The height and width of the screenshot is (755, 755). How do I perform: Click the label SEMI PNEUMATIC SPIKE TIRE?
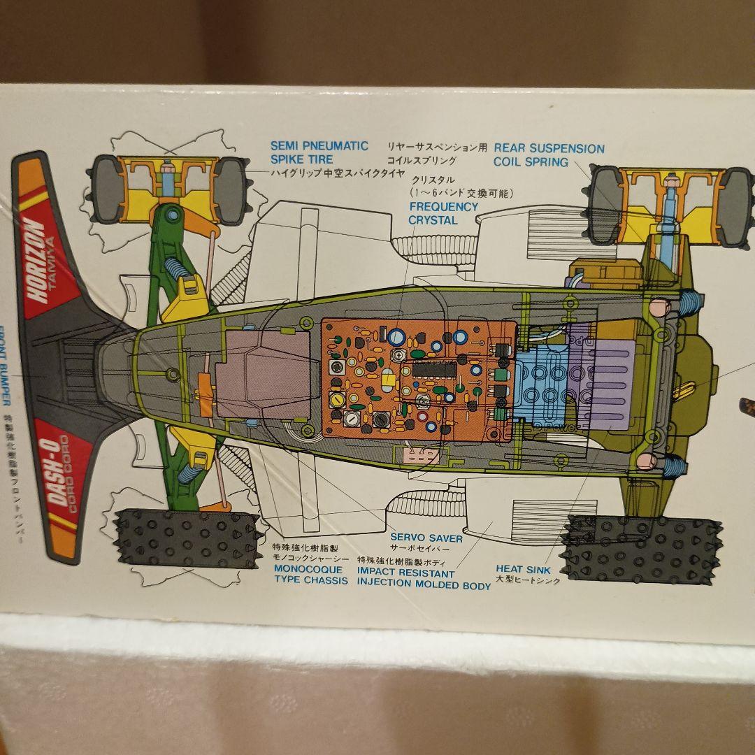tap(319, 152)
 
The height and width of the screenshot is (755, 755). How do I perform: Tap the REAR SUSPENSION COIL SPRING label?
tap(549, 155)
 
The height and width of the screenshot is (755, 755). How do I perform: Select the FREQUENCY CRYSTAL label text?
tap(443, 213)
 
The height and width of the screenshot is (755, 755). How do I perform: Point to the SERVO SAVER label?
tap(426, 538)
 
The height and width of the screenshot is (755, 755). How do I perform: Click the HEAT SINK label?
tap(523, 569)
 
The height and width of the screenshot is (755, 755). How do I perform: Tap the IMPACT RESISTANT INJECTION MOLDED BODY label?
tap(424, 579)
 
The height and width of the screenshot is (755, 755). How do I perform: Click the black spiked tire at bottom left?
tap(185, 538)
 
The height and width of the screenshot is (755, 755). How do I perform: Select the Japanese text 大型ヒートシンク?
tap(528, 580)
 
